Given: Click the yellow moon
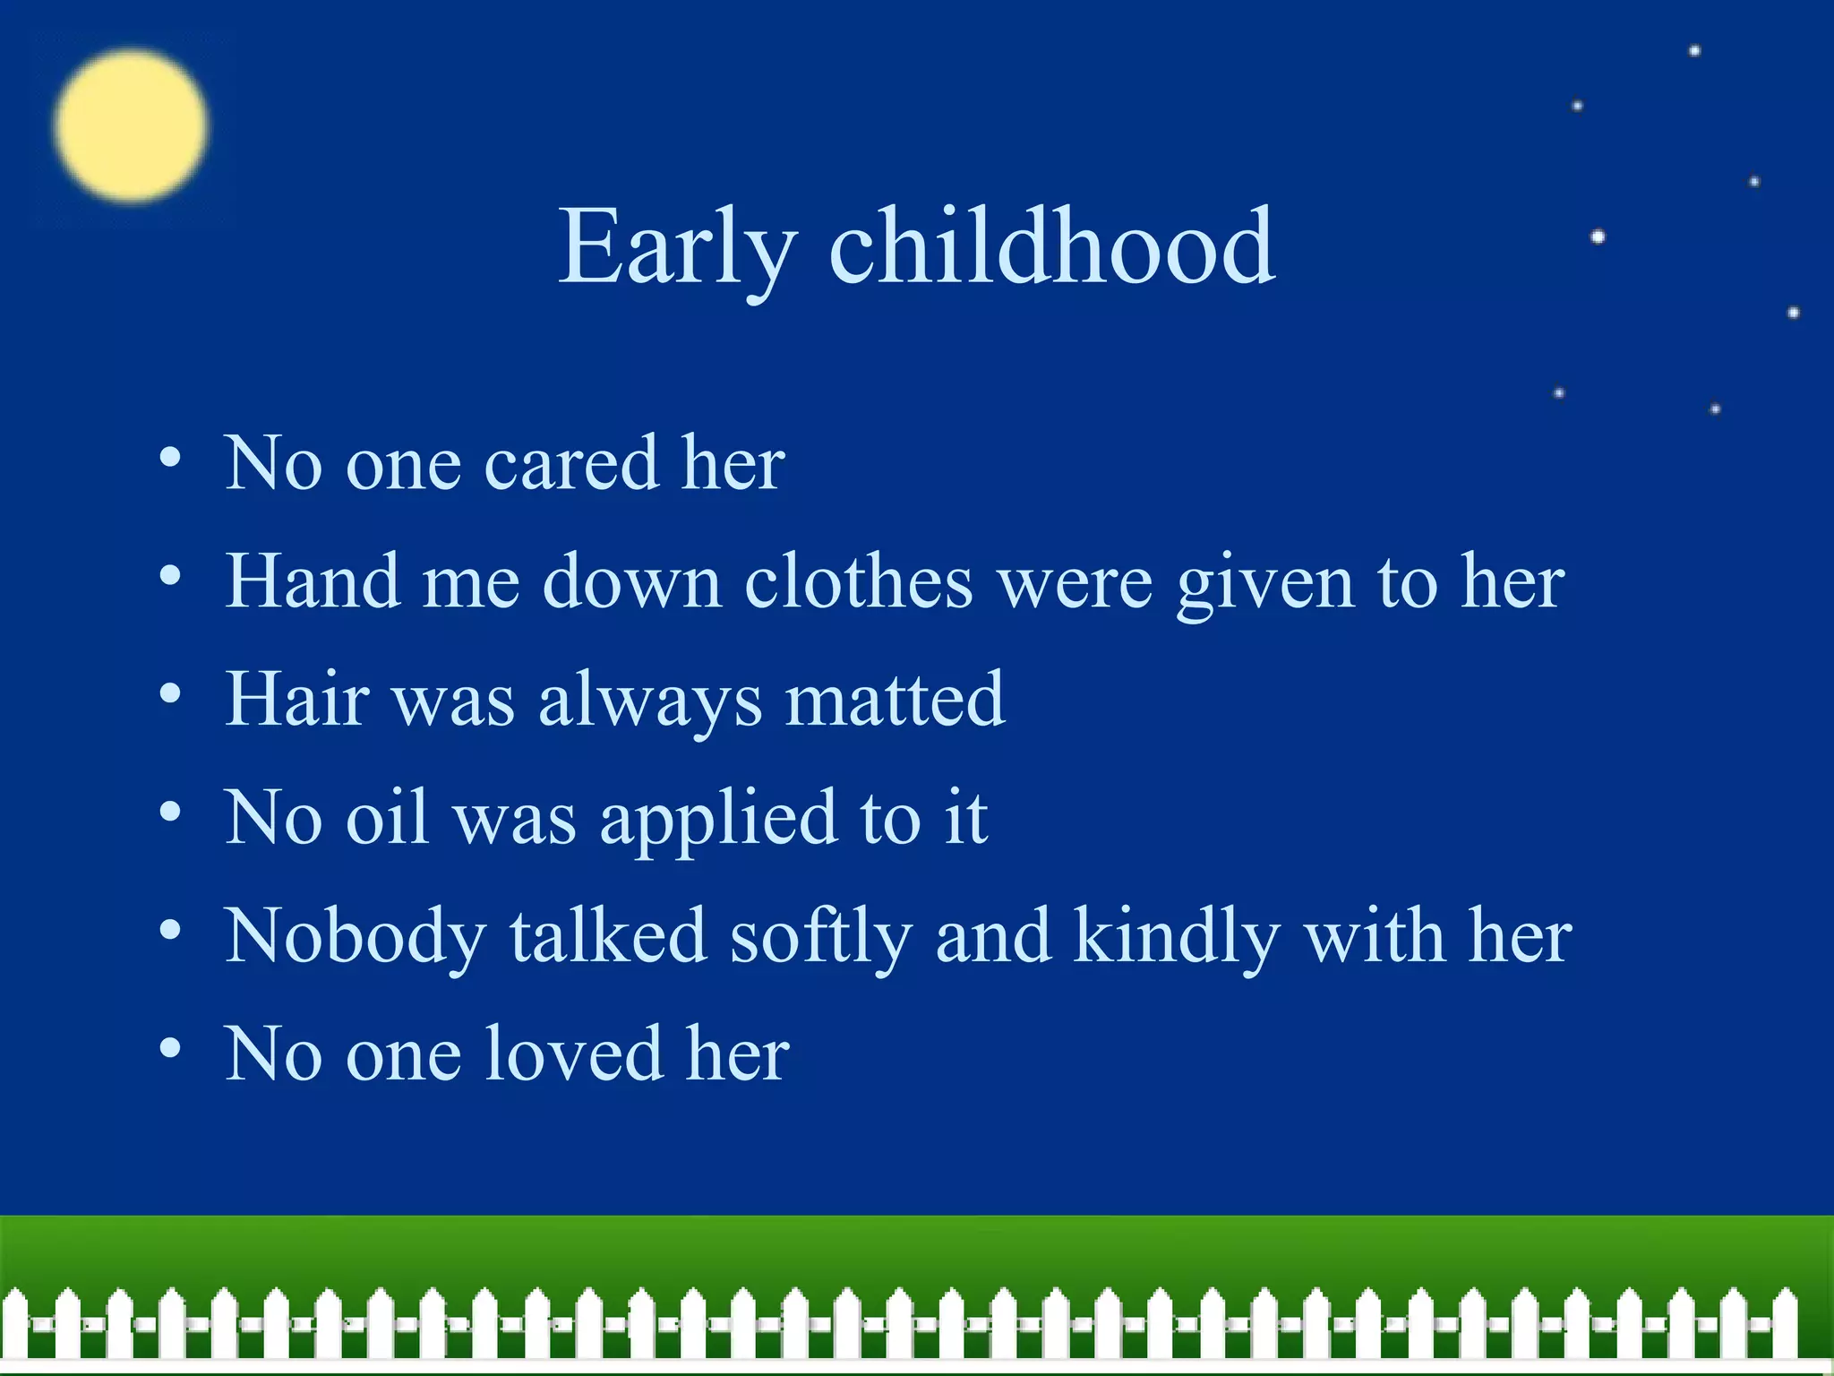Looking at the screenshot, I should pos(131,125).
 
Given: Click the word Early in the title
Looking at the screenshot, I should pos(676,246).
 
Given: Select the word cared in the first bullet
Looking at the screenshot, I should pos(571,464).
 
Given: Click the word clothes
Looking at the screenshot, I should pos(858,581).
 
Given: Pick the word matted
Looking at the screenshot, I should pos(895,700).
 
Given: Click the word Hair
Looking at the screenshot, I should pos(297,700).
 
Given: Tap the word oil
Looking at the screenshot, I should pos(387,817).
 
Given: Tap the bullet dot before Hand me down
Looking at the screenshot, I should pos(170,575).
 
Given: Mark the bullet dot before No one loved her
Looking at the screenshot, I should pos(170,1048).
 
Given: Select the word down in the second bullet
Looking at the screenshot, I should pos(632,581).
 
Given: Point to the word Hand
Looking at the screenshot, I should pos(312,581).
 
